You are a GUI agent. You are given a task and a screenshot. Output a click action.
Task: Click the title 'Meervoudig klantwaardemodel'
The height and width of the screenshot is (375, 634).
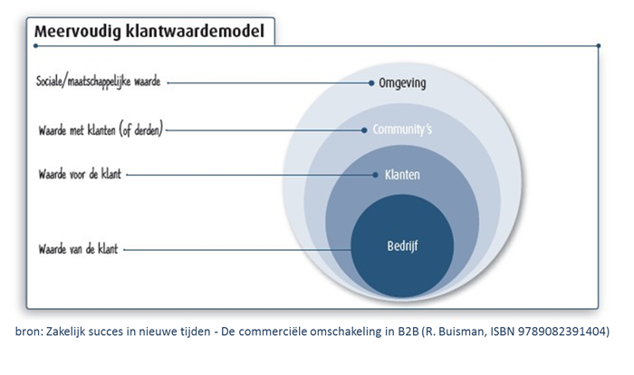149,32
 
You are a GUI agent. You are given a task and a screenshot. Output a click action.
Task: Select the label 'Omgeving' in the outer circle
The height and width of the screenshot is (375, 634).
402,83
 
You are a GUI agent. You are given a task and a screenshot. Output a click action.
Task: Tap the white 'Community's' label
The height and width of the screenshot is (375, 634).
402,130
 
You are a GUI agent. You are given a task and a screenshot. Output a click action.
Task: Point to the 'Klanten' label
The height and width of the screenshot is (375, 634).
402,175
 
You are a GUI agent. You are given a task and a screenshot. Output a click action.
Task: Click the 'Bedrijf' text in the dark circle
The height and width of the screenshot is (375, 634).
402,246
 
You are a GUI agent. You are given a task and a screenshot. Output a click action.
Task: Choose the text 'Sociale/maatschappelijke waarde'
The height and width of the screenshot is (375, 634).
98,82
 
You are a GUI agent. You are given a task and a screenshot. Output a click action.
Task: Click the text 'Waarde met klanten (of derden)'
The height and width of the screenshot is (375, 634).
101,130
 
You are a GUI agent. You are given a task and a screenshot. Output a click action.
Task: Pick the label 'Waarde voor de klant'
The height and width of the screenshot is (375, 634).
80,174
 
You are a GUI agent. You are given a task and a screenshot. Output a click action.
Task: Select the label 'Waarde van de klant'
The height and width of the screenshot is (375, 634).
78,249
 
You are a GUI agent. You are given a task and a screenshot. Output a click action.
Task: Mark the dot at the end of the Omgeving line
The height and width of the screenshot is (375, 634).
371,83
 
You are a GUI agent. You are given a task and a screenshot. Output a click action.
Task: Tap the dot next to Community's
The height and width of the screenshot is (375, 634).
364,130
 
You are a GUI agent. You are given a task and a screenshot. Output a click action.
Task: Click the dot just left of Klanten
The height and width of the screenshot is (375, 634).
375,175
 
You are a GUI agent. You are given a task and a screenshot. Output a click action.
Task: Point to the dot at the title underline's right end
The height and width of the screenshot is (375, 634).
599,45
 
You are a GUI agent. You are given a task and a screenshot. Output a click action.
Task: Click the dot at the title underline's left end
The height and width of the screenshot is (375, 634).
36,45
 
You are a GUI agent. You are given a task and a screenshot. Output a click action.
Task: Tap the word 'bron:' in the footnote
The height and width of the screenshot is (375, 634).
28,332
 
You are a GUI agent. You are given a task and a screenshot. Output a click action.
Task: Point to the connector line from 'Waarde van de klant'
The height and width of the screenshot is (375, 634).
237,250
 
